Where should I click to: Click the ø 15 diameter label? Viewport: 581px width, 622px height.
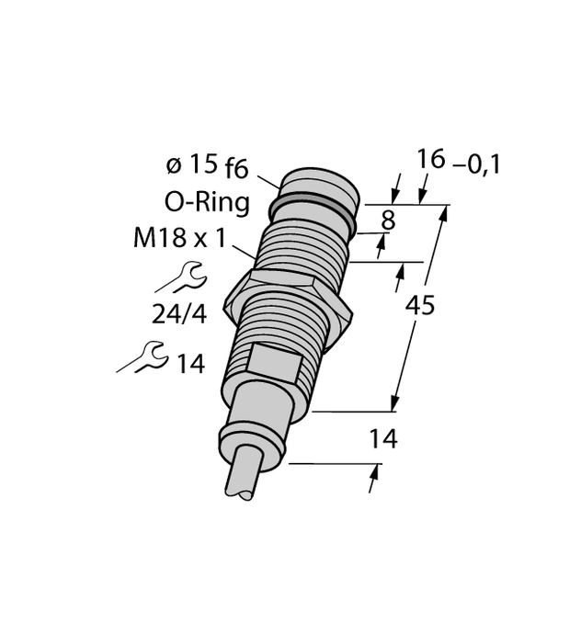tap(191, 164)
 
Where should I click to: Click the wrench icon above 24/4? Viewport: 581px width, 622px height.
tap(185, 277)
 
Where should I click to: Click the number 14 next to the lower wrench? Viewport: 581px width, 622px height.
tap(190, 365)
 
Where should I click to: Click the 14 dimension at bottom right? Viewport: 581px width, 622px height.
tap(382, 440)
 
